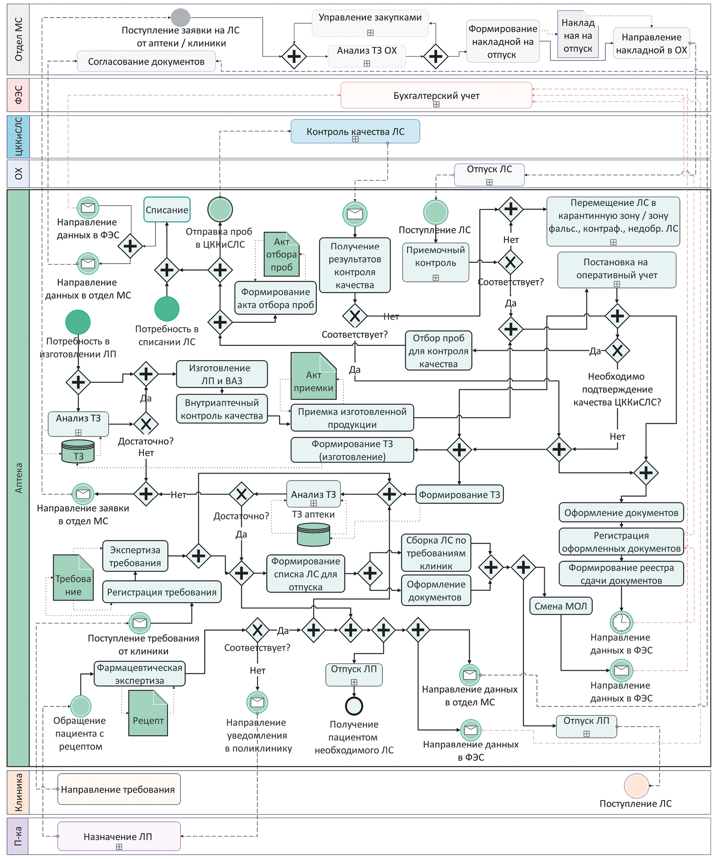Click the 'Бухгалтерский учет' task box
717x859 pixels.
tap(436, 95)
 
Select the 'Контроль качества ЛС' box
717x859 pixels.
tap(355, 131)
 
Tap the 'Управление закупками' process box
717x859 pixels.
tap(370, 23)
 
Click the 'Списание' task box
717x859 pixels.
tap(167, 210)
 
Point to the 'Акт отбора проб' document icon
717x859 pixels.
tap(281, 254)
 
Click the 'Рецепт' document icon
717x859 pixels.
tap(148, 713)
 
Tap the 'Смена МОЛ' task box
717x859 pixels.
tap(560, 606)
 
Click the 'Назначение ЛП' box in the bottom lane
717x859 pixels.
tap(118, 836)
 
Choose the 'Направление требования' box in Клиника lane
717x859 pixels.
tap(118, 789)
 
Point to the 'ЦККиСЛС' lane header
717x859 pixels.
tap(19, 137)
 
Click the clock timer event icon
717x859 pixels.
tap(621, 622)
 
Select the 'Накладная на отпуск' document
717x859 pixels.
tap(578, 35)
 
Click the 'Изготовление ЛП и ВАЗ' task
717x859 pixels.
tap(222, 374)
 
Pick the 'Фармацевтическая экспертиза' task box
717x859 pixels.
tap(139, 674)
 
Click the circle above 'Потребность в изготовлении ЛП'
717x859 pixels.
tap(78, 322)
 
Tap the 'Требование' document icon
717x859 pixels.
tap(73, 578)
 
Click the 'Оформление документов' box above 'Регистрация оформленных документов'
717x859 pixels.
tap(621, 512)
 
